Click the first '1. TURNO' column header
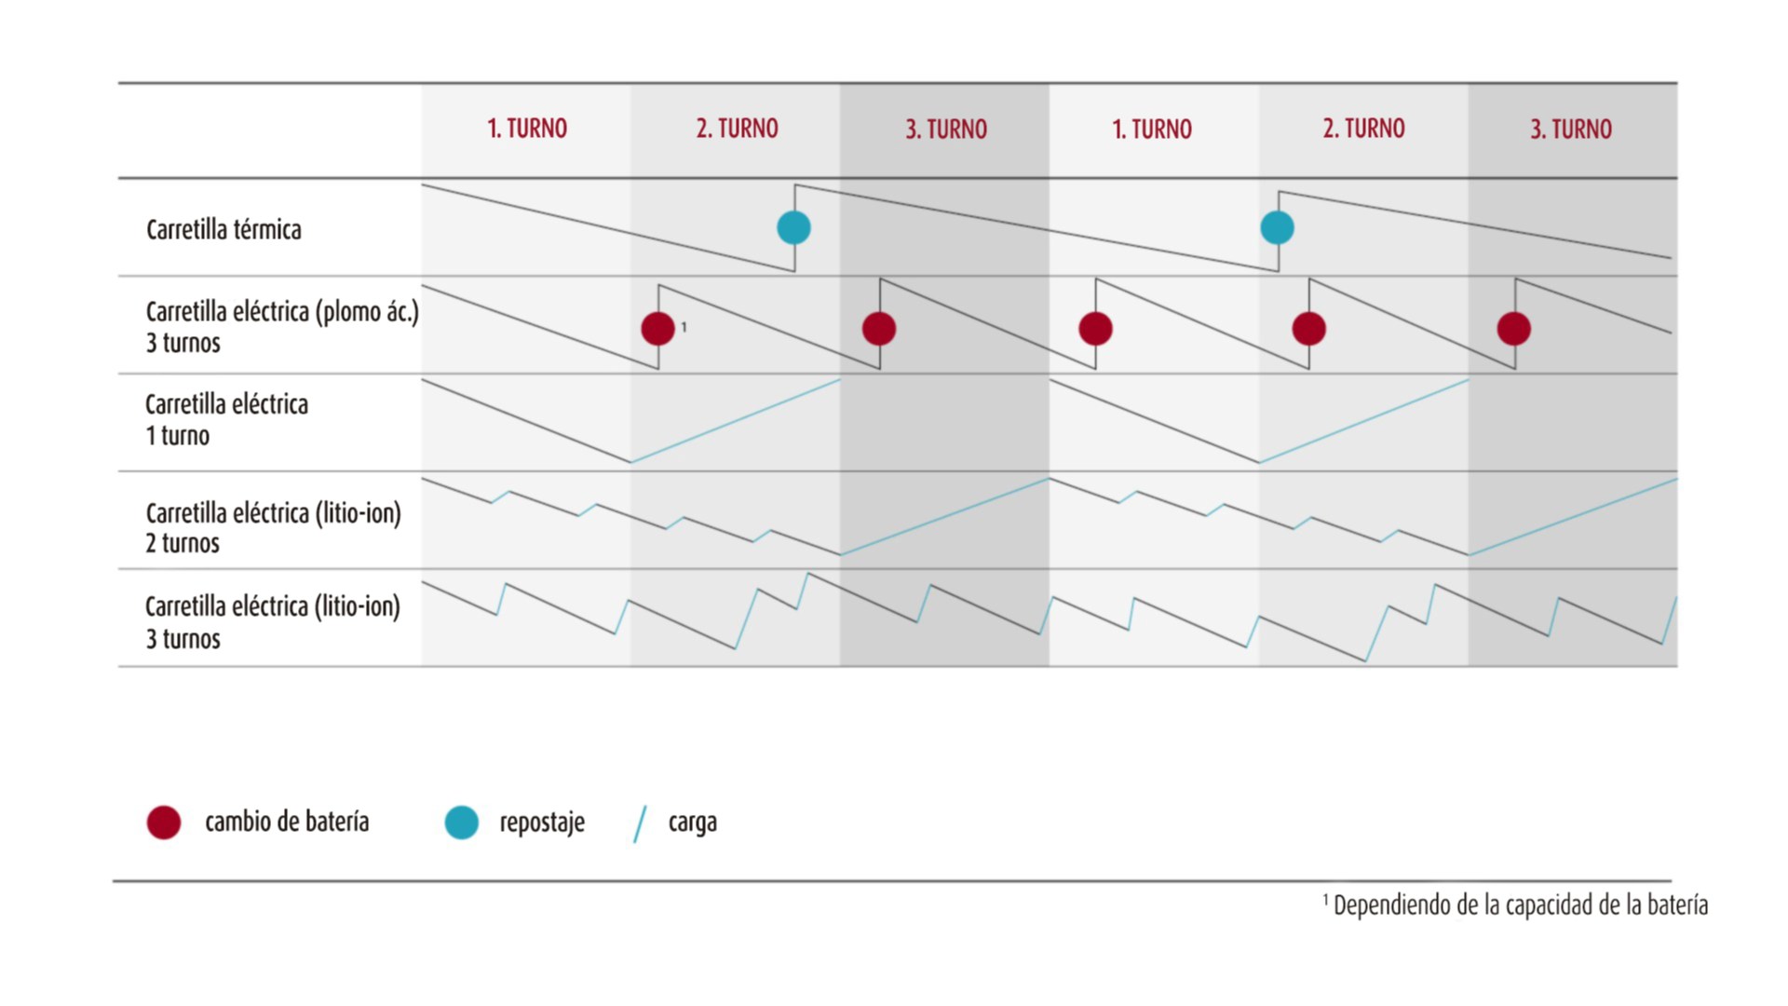[526, 129]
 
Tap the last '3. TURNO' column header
[1571, 129]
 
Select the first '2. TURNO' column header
[737, 129]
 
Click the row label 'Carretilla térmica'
[223, 229]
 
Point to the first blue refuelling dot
[793, 227]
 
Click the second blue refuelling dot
[1277, 227]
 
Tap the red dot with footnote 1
[657, 328]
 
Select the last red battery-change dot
[1513, 328]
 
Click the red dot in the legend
[164, 822]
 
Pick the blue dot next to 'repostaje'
[461, 822]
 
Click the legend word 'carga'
[692, 822]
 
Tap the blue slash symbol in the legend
[640, 823]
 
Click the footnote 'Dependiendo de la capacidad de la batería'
[1520, 904]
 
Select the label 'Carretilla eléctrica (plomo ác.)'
[282, 311]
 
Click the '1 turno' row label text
[178, 436]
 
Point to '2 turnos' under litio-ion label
[183, 543]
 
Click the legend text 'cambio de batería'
[287, 822]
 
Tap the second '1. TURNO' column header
[1152, 129]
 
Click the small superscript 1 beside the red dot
[684, 326]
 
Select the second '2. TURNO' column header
[1363, 129]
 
